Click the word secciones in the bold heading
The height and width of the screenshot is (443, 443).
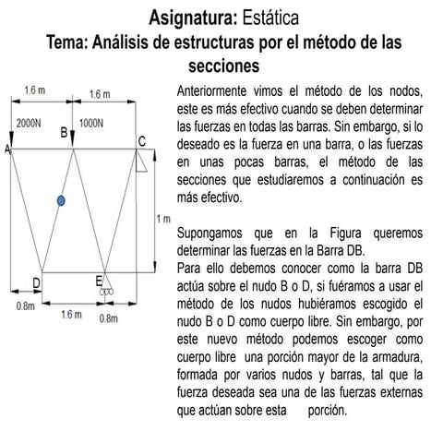coord(221,66)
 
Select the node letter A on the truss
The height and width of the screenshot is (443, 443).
coord(7,149)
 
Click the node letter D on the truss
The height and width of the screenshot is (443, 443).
coord(36,281)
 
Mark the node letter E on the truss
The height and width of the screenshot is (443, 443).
coord(99,281)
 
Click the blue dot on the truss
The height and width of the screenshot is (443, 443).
coord(61,200)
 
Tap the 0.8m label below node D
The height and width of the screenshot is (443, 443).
coord(25,305)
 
